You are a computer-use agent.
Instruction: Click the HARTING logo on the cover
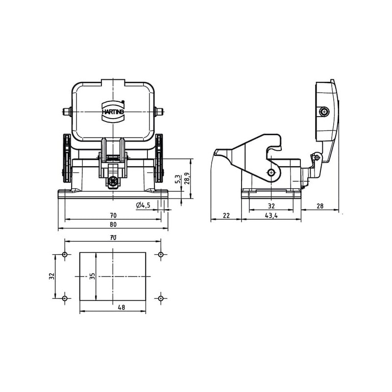click(113, 112)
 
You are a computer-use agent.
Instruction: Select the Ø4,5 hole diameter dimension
click(143, 205)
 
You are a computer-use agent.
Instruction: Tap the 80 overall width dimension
click(113, 224)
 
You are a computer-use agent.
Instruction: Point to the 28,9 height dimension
click(187, 178)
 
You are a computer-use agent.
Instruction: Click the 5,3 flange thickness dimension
click(178, 179)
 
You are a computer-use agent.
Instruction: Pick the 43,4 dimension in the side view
click(271, 215)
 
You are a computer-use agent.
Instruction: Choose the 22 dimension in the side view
click(226, 215)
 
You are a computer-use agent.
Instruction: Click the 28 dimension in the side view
click(320, 206)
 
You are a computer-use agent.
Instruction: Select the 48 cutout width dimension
click(122, 307)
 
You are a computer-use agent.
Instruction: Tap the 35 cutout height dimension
click(93, 276)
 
